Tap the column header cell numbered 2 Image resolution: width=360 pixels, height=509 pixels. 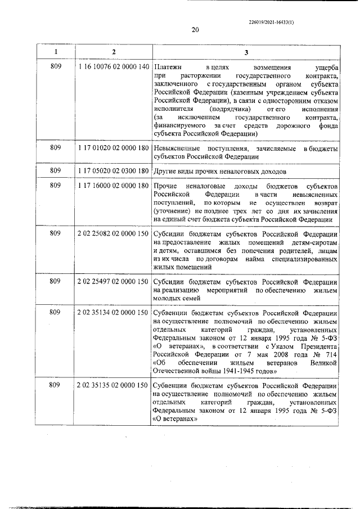114,52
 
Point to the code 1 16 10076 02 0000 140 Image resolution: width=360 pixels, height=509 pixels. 114,67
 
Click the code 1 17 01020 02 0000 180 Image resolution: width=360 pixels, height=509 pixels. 114,148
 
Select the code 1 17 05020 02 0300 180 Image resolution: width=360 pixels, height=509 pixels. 114,170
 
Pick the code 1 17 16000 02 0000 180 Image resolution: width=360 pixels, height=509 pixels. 114,186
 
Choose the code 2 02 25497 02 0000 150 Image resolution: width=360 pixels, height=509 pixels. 114,281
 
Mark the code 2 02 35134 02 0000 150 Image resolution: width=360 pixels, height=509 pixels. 114,312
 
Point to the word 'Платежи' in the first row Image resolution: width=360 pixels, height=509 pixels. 167,67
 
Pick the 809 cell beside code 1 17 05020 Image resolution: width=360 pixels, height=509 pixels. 55,170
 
